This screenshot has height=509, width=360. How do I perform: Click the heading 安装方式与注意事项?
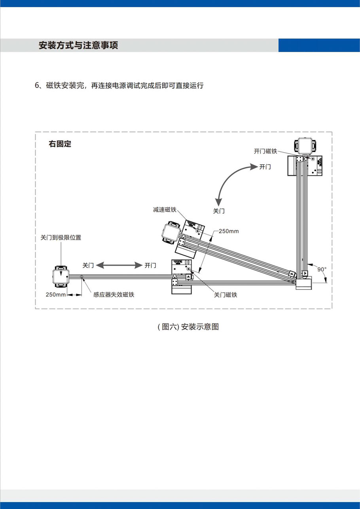(x=78, y=45)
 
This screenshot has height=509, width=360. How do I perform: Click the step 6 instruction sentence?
(x=119, y=85)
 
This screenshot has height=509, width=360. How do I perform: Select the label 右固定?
(x=60, y=144)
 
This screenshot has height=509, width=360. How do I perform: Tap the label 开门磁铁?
(x=265, y=151)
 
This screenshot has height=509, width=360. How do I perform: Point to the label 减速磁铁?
(x=164, y=210)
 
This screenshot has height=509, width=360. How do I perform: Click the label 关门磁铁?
(x=225, y=295)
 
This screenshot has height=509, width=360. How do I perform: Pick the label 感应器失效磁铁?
(x=114, y=294)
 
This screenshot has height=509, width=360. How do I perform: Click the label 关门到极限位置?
(x=61, y=238)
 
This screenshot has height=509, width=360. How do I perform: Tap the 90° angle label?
(x=322, y=269)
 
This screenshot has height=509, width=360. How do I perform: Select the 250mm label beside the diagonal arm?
(x=229, y=231)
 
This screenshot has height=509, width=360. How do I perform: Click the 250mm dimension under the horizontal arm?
(x=56, y=294)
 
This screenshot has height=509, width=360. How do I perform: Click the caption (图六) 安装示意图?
(x=188, y=327)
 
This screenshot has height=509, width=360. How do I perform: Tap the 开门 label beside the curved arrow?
(x=265, y=167)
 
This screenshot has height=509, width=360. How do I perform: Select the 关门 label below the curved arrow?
(x=219, y=211)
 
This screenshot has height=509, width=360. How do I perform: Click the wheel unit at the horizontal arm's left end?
(x=61, y=276)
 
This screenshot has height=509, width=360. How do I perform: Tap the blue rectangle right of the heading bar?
(x=319, y=45)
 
